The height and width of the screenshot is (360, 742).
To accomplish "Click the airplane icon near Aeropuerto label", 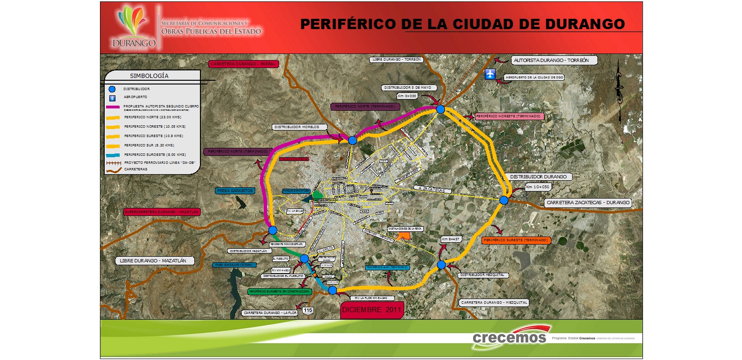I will coord(490,74).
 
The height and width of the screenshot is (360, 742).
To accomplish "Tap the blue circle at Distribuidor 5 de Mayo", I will coord(440,109).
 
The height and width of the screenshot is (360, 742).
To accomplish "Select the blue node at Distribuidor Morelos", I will coord(352,140).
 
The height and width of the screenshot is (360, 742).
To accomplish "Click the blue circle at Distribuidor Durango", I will coord(504,200).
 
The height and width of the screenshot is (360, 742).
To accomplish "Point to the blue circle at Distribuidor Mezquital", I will coord(441,265).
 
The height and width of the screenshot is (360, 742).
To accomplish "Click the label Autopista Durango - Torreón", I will coord(551,60).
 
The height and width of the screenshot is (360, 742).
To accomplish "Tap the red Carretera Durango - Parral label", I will coord(243,64).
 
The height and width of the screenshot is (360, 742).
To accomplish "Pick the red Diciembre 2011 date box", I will coord(372,310).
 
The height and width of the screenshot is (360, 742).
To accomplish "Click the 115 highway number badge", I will coord(307,310).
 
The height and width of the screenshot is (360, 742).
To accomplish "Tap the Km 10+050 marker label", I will coord(537,187).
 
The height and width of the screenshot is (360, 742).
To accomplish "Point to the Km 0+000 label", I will coord(407,96).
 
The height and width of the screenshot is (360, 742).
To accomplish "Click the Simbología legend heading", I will coord(149,76).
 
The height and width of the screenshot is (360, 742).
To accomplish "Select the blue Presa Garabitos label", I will coord(235,191).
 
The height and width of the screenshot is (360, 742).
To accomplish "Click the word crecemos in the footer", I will coord(509,338).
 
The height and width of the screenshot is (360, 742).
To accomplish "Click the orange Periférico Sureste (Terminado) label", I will coord(516,240).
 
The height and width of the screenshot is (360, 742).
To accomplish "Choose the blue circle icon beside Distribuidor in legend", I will coord(112,89).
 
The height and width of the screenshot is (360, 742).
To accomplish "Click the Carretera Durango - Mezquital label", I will coord(494,303).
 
